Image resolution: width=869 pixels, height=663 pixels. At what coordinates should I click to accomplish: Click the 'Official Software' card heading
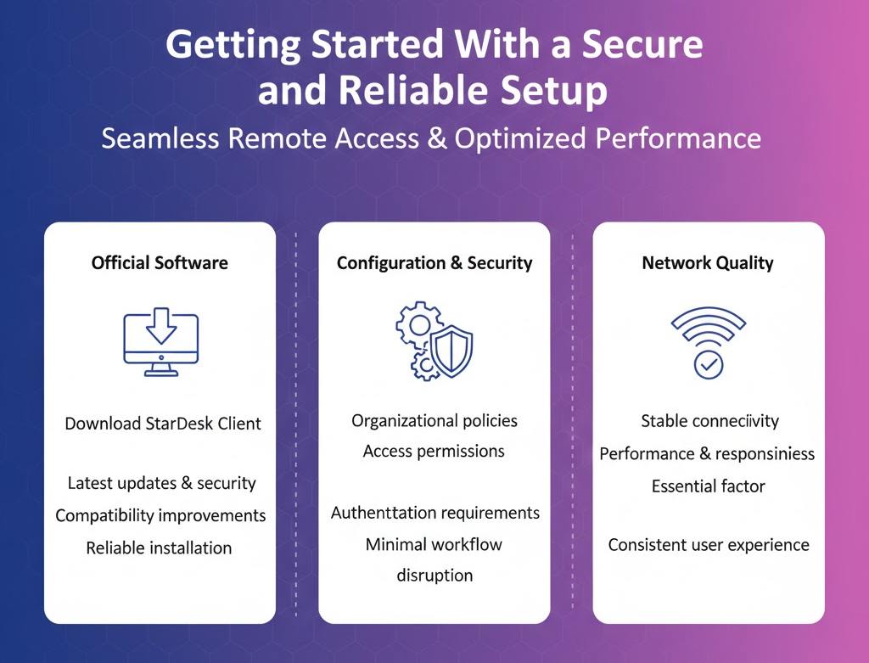click(160, 262)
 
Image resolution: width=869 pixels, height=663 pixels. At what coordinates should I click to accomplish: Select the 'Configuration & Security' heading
click(434, 262)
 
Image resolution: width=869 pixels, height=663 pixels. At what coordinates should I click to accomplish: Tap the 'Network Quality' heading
click(708, 262)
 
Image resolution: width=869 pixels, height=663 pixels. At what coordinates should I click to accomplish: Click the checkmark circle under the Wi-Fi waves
click(708, 364)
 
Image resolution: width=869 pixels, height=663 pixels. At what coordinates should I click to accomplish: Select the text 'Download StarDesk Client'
click(163, 423)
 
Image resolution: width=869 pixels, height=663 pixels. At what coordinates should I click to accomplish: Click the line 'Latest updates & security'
click(161, 483)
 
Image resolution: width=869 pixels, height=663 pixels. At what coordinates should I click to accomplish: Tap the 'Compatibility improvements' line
click(160, 515)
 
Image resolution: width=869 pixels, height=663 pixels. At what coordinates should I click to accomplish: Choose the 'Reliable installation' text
click(159, 548)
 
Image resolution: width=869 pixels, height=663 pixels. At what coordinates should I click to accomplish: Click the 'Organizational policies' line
click(434, 420)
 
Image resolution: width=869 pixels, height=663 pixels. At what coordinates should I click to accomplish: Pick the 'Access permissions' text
click(434, 451)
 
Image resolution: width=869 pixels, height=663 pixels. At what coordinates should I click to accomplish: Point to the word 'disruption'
click(434, 575)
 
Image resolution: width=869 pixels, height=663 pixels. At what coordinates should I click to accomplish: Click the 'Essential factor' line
click(708, 486)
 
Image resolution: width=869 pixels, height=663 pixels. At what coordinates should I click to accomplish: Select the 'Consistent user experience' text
click(709, 544)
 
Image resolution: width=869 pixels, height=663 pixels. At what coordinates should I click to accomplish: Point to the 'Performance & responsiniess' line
click(707, 453)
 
